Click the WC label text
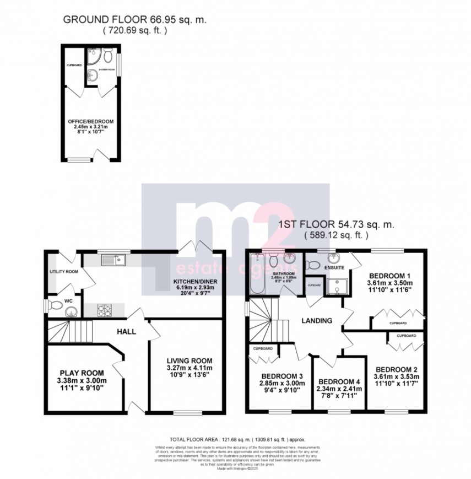(x=68, y=300)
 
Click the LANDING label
(x=317, y=320)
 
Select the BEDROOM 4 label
(x=338, y=381)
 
